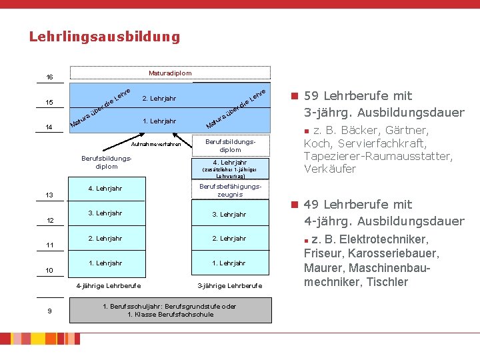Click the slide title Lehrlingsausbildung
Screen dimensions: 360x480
pos(105,37)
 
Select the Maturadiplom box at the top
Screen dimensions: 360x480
pos(170,73)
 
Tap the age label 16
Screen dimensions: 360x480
pos(49,77)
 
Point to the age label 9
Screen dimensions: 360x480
pos(49,309)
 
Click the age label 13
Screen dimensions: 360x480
pos(49,195)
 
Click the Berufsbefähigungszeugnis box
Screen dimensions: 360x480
pos(229,190)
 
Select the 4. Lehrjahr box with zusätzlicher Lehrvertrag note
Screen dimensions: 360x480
pos(229,167)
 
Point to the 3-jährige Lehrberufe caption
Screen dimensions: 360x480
pos(230,286)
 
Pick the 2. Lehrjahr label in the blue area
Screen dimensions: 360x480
pos(159,99)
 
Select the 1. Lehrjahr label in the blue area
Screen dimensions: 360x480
pos(159,121)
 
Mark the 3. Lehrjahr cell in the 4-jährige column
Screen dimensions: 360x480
pos(105,213)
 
